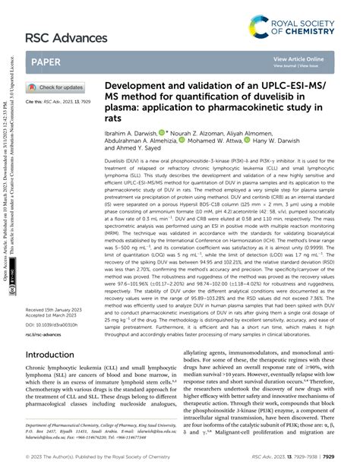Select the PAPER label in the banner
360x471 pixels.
click(x=47, y=62)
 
